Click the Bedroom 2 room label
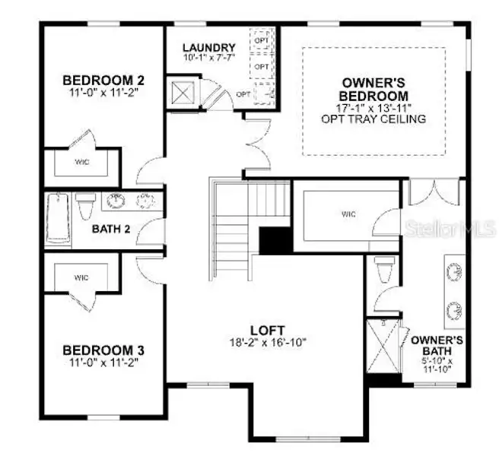pyautogui.click(x=103, y=80)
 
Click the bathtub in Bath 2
pyautogui.click(x=58, y=220)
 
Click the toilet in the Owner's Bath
pyautogui.click(x=383, y=271)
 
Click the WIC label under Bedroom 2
pyautogui.click(x=81, y=161)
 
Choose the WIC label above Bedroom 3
pyautogui.click(x=81, y=277)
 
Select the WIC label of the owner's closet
pyautogui.click(x=348, y=215)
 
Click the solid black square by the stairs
pyautogui.click(x=275, y=241)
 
